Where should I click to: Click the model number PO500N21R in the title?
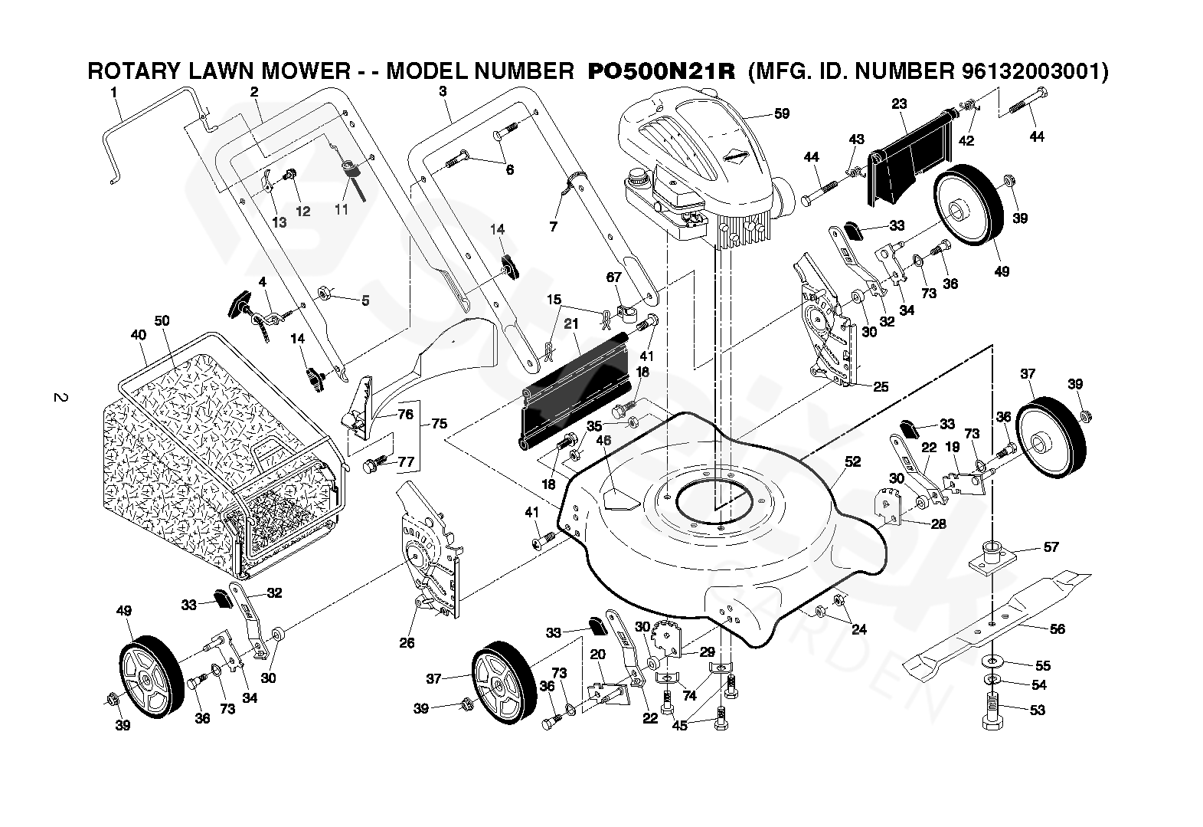point(661,71)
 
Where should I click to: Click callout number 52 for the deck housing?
point(852,461)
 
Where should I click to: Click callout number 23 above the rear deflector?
point(899,103)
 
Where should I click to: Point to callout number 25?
point(881,387)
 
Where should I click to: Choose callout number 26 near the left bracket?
point(407,642)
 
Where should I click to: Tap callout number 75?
point(439,423)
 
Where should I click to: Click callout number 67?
point(614,277)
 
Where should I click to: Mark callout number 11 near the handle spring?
point(341,208)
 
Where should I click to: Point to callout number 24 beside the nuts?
point(859,630)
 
